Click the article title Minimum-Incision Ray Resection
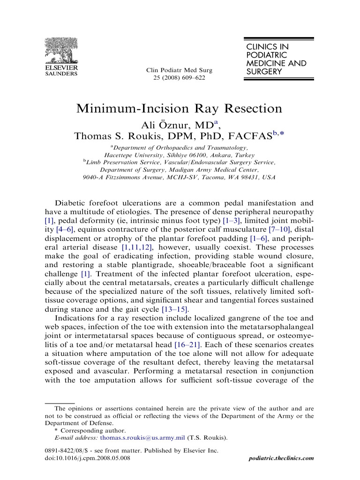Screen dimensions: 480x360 coord(180,108)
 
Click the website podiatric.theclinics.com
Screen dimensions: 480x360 coord(280,458)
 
